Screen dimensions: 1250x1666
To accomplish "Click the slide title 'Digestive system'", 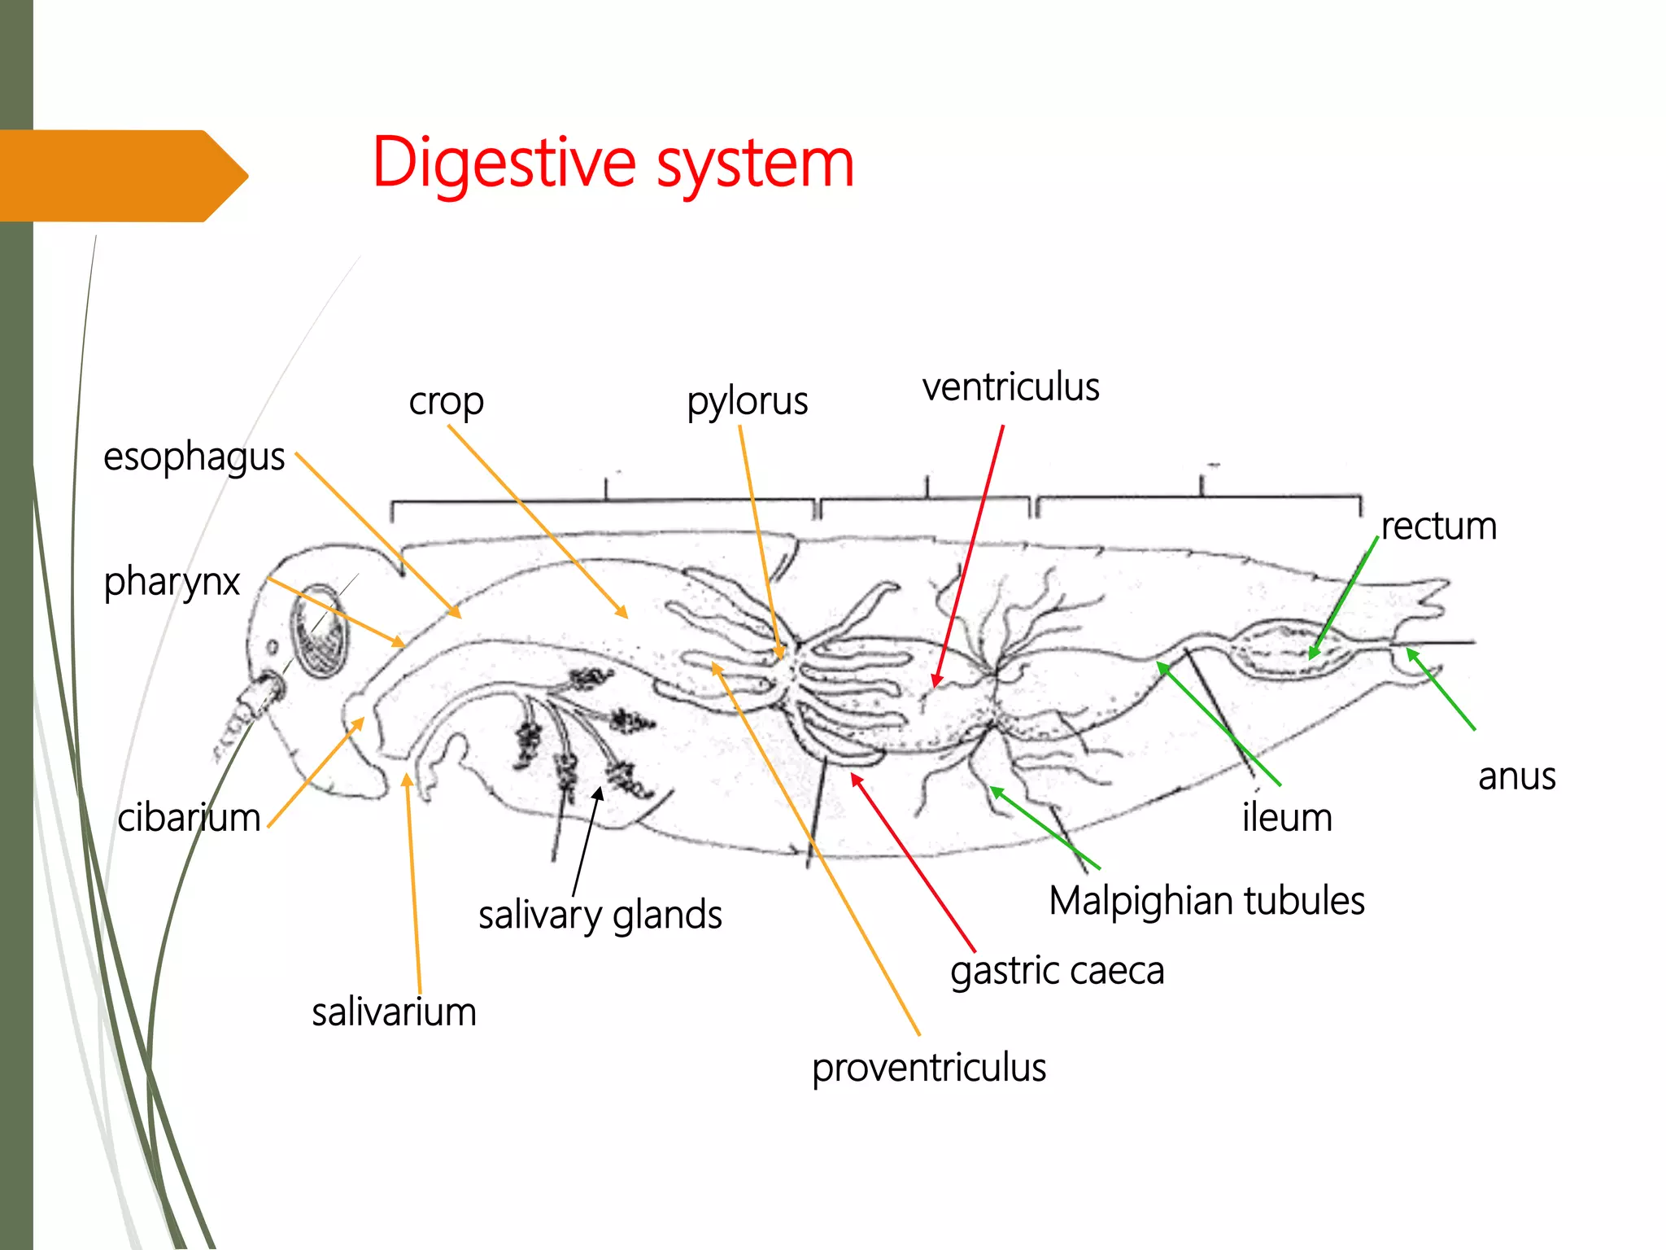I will coord(613,164).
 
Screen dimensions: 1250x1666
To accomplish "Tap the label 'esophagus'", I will coord(194,457).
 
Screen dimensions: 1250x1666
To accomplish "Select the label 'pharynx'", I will coord(172,583).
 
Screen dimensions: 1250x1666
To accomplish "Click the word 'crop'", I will coord(446,402).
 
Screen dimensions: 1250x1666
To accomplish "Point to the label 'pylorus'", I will coord(747,402).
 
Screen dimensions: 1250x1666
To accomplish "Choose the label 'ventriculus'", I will coord(1010,387).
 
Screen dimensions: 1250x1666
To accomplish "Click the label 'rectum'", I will coord(1438,527).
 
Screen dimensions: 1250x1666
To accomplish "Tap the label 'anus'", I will coord(1516,777).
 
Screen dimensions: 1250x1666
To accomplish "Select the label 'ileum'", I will coord(1287,818).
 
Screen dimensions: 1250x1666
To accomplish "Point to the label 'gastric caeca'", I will coord(1057,971).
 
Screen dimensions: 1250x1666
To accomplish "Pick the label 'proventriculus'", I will coord(928,1068).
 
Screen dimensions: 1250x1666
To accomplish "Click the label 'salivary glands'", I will coord(600,916).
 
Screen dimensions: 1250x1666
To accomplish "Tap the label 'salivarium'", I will coord(394,1013).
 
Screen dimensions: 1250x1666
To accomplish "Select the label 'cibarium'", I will coord(189,818).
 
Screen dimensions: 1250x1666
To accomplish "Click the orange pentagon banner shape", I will coord(122,176).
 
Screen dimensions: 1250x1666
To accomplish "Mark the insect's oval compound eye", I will coord(321,630).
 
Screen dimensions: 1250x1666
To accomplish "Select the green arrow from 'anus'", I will coord(1441,689).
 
